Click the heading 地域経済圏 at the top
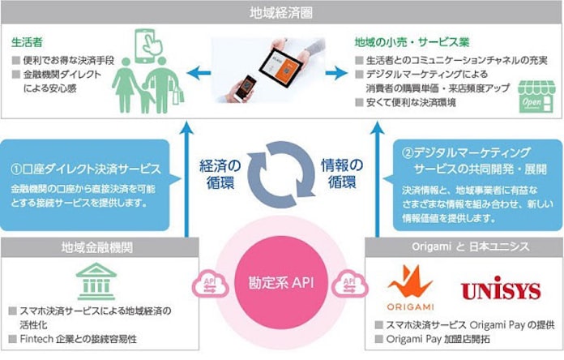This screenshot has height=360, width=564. [x=281, y=11]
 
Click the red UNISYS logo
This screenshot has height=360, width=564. [x=500, y=290]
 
